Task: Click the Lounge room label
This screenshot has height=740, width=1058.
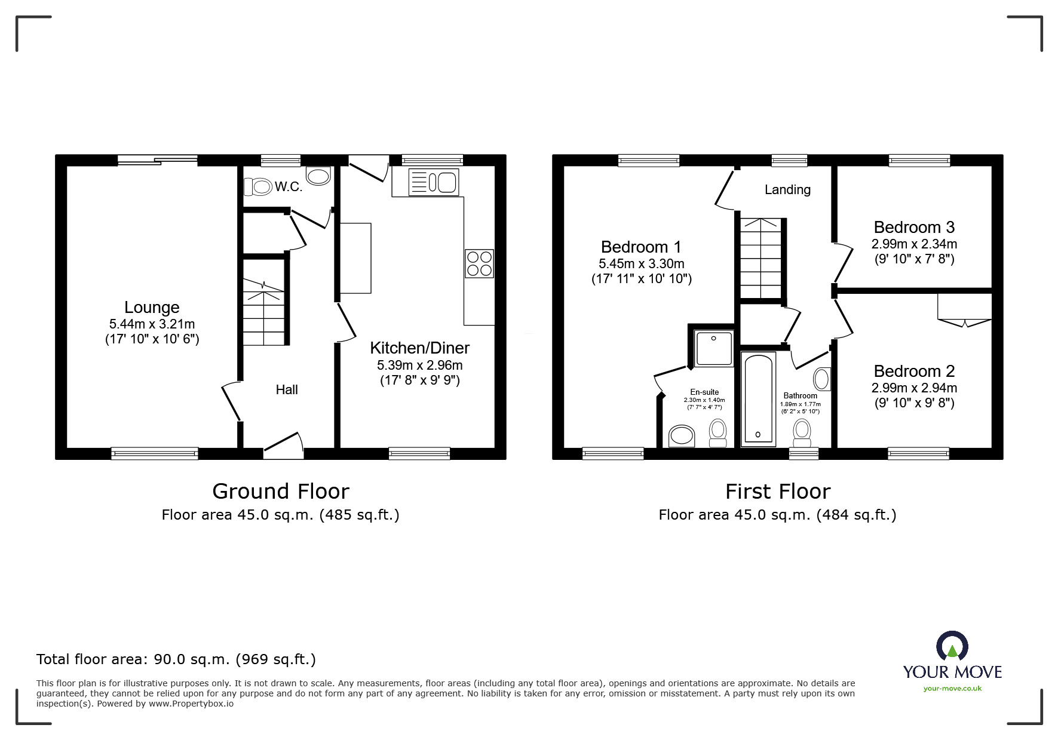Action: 152,308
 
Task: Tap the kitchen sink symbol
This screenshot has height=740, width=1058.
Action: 434,182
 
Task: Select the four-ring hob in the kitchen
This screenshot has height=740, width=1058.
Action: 479,263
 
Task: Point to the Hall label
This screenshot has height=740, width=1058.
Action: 287,390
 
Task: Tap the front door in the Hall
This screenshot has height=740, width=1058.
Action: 283,447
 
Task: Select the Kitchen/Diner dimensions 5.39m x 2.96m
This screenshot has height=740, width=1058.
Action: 419,365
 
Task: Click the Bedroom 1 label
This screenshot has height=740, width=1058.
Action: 641,247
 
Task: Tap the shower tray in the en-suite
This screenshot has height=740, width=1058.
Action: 713,348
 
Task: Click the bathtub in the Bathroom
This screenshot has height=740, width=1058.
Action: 758,399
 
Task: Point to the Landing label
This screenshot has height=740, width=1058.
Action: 787,190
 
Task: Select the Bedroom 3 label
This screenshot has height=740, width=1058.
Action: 913,228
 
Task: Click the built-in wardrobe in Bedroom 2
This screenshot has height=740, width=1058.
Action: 964,308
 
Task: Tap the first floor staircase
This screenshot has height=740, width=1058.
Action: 760,258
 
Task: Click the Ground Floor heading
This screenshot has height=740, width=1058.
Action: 280,492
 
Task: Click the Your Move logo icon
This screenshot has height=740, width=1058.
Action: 952,647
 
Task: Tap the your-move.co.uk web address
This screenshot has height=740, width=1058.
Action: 952,689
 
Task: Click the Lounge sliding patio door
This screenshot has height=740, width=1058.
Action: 157,159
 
